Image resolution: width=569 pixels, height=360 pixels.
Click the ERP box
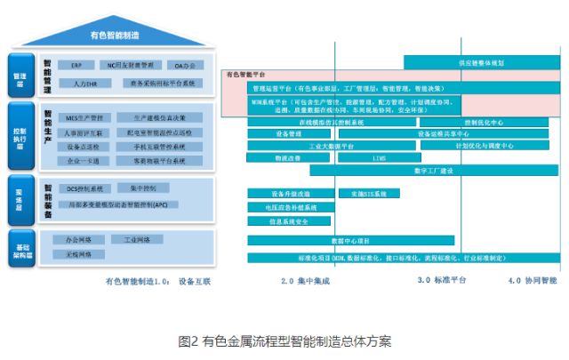78,65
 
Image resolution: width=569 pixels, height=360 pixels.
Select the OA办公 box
185,65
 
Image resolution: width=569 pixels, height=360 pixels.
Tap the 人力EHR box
85,83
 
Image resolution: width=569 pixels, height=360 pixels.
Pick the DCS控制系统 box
85,188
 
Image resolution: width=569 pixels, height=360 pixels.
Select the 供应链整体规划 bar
481,63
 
